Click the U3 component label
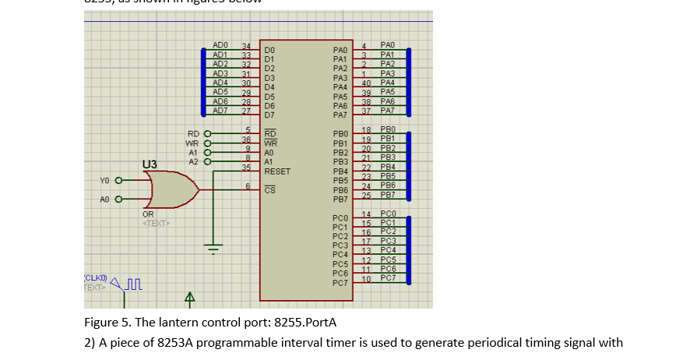click(x=150, y=164)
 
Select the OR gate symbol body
click(x=170, y=189)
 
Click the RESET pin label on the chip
click(x=277, y=171)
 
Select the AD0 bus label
click(x=220, y=47)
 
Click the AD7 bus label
click(x=220, y=111)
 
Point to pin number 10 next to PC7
click(x=365, y=278)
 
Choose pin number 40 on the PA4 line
click(x=365, y=83)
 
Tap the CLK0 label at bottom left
click(x=94, y=277)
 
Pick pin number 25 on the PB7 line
click(x=365, y=195)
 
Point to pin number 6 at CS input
click(x=247, y=185)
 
